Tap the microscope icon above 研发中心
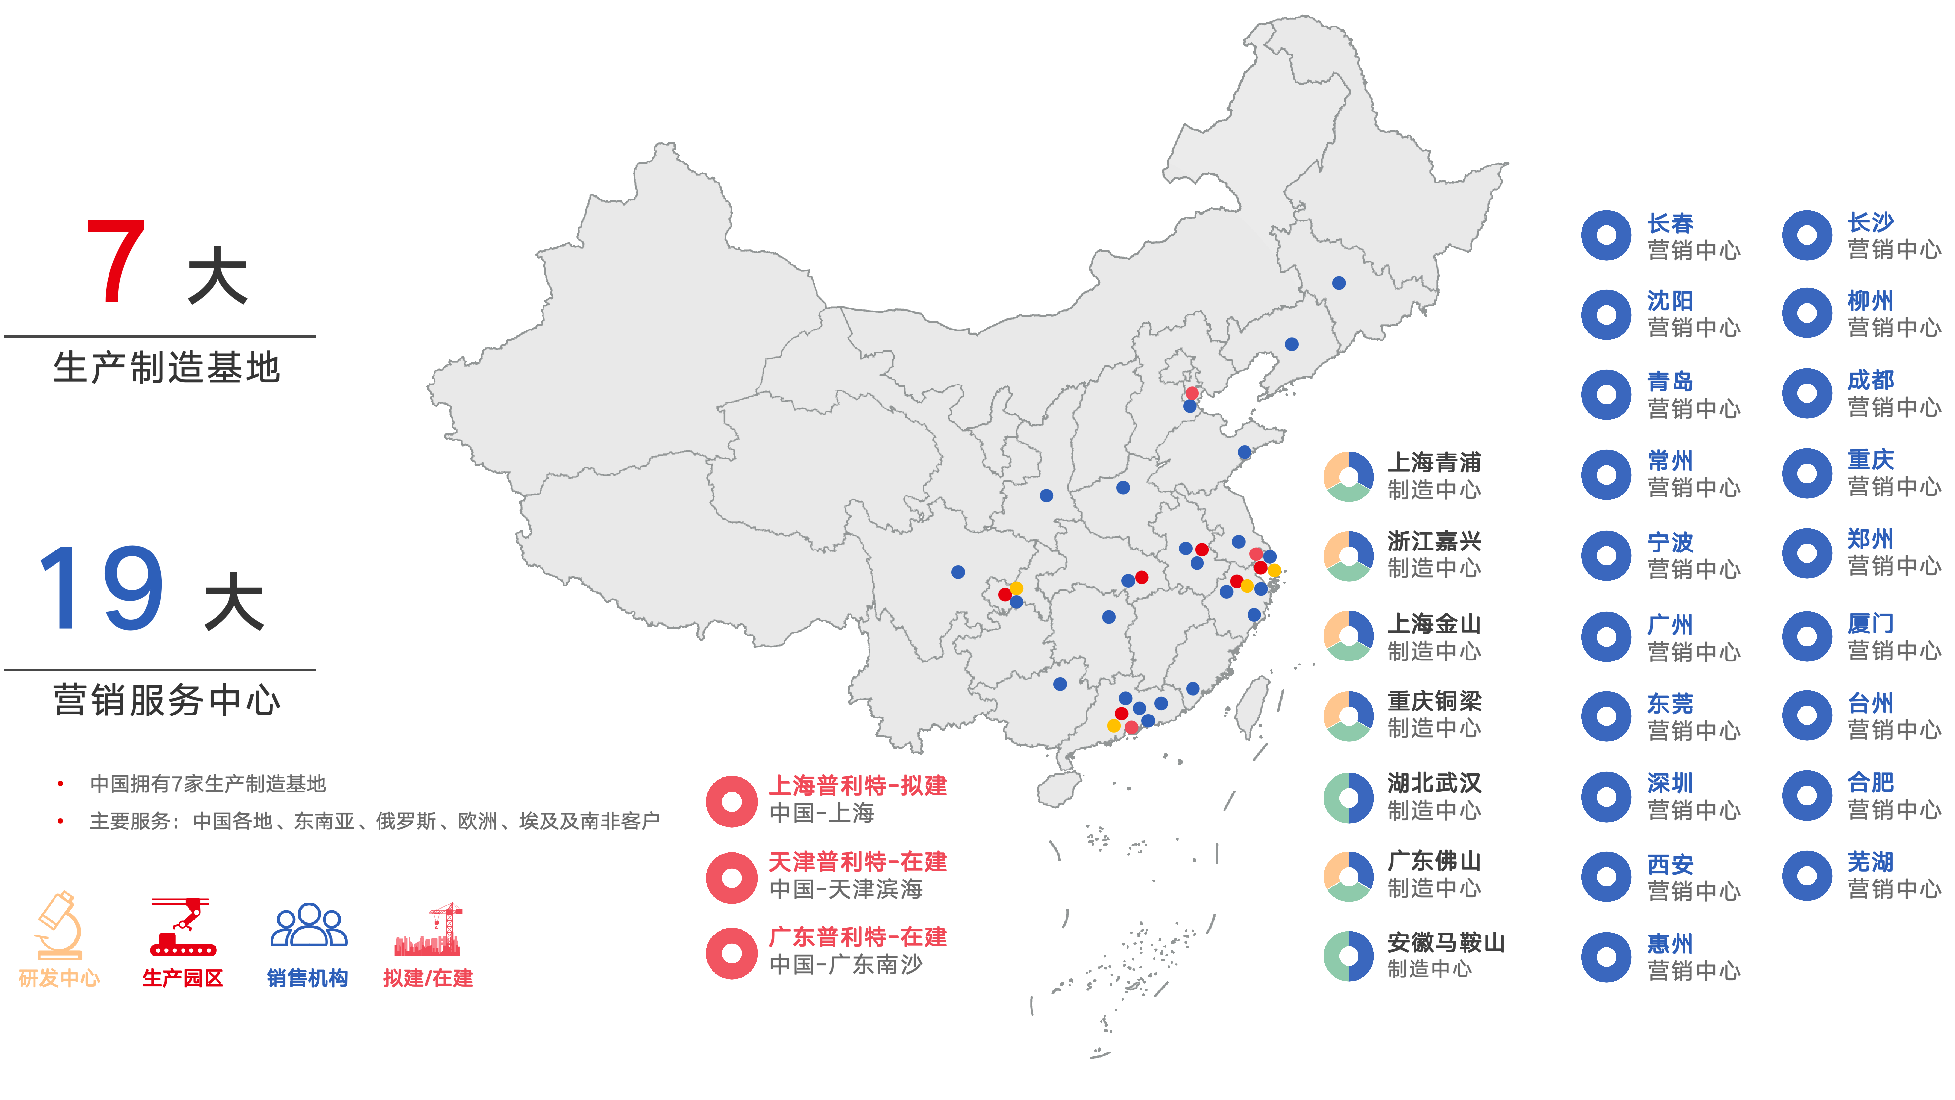coord(59,925)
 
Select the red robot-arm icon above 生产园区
coord(182,926)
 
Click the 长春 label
coord(1670,223)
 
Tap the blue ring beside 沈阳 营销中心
coord(1606,314)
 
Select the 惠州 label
coord(1670,943)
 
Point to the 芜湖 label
coord(1870,862)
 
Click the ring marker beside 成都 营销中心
coord(1806,393)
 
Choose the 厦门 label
coord(1870,623)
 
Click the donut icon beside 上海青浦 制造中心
coord(1348,477)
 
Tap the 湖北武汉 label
coord(1434,783)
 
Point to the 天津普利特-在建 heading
coord(858,862)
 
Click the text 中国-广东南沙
coord(845,964)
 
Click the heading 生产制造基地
coord(167,368)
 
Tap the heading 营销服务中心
coord(167,700)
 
